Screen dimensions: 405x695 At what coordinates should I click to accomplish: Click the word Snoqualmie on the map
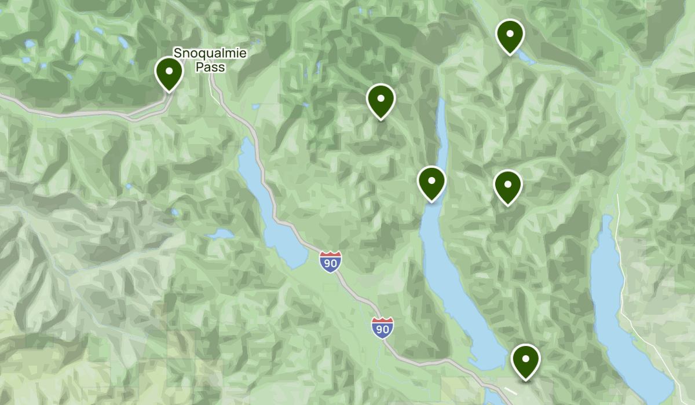(x=210, y=54)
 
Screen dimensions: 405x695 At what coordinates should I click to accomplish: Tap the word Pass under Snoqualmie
(x=210, y=67)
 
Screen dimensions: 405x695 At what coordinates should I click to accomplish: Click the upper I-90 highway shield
(x=330, y=262)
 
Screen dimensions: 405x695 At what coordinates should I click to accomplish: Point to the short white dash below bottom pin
(x=510, y=391)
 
